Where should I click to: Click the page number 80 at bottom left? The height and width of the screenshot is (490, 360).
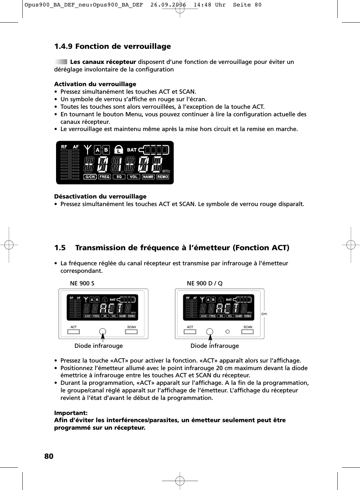[49, 456]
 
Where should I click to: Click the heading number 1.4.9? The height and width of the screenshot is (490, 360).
[63, 46]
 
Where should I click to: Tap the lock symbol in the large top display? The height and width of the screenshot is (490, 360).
[118, 150]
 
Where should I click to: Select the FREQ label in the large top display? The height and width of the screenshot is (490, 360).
[105, 177]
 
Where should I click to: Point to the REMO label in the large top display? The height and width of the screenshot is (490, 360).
[163, 177]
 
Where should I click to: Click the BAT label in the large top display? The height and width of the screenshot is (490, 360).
[132, 150]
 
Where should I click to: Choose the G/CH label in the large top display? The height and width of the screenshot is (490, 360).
[90, 177]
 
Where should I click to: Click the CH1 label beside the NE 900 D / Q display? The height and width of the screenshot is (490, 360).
[264, 314]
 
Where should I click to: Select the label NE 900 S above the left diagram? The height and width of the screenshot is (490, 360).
[82, 283]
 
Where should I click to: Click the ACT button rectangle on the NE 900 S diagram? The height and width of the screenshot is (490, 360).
[74, 332]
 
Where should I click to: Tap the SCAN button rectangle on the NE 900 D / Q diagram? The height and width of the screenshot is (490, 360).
[248, 332]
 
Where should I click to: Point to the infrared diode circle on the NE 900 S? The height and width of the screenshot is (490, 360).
[103, 332]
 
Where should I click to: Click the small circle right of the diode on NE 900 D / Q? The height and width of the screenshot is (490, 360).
[227, 332]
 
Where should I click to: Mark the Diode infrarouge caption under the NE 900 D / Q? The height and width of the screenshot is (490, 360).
[214, 346]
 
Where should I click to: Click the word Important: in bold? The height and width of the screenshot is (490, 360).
[71, 413]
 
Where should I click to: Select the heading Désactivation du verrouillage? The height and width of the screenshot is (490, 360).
[100, 196]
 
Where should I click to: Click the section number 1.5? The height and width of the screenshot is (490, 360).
[60, 248]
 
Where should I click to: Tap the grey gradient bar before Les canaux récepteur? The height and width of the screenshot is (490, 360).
[61, 62]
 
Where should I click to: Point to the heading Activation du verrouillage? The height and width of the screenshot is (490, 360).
[95, 84]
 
